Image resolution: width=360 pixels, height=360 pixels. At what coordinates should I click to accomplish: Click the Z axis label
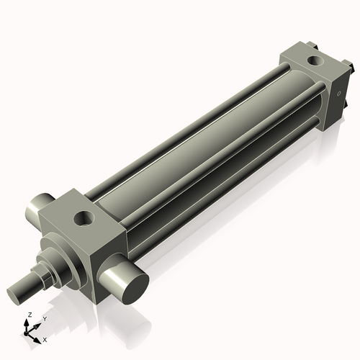click(28, 315)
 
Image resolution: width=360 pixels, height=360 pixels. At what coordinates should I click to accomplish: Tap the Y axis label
click(44, 318)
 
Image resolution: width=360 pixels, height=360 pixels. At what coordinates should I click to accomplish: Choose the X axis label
click(45, 338)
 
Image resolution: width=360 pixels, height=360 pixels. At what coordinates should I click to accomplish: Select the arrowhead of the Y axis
click(37, 323)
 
